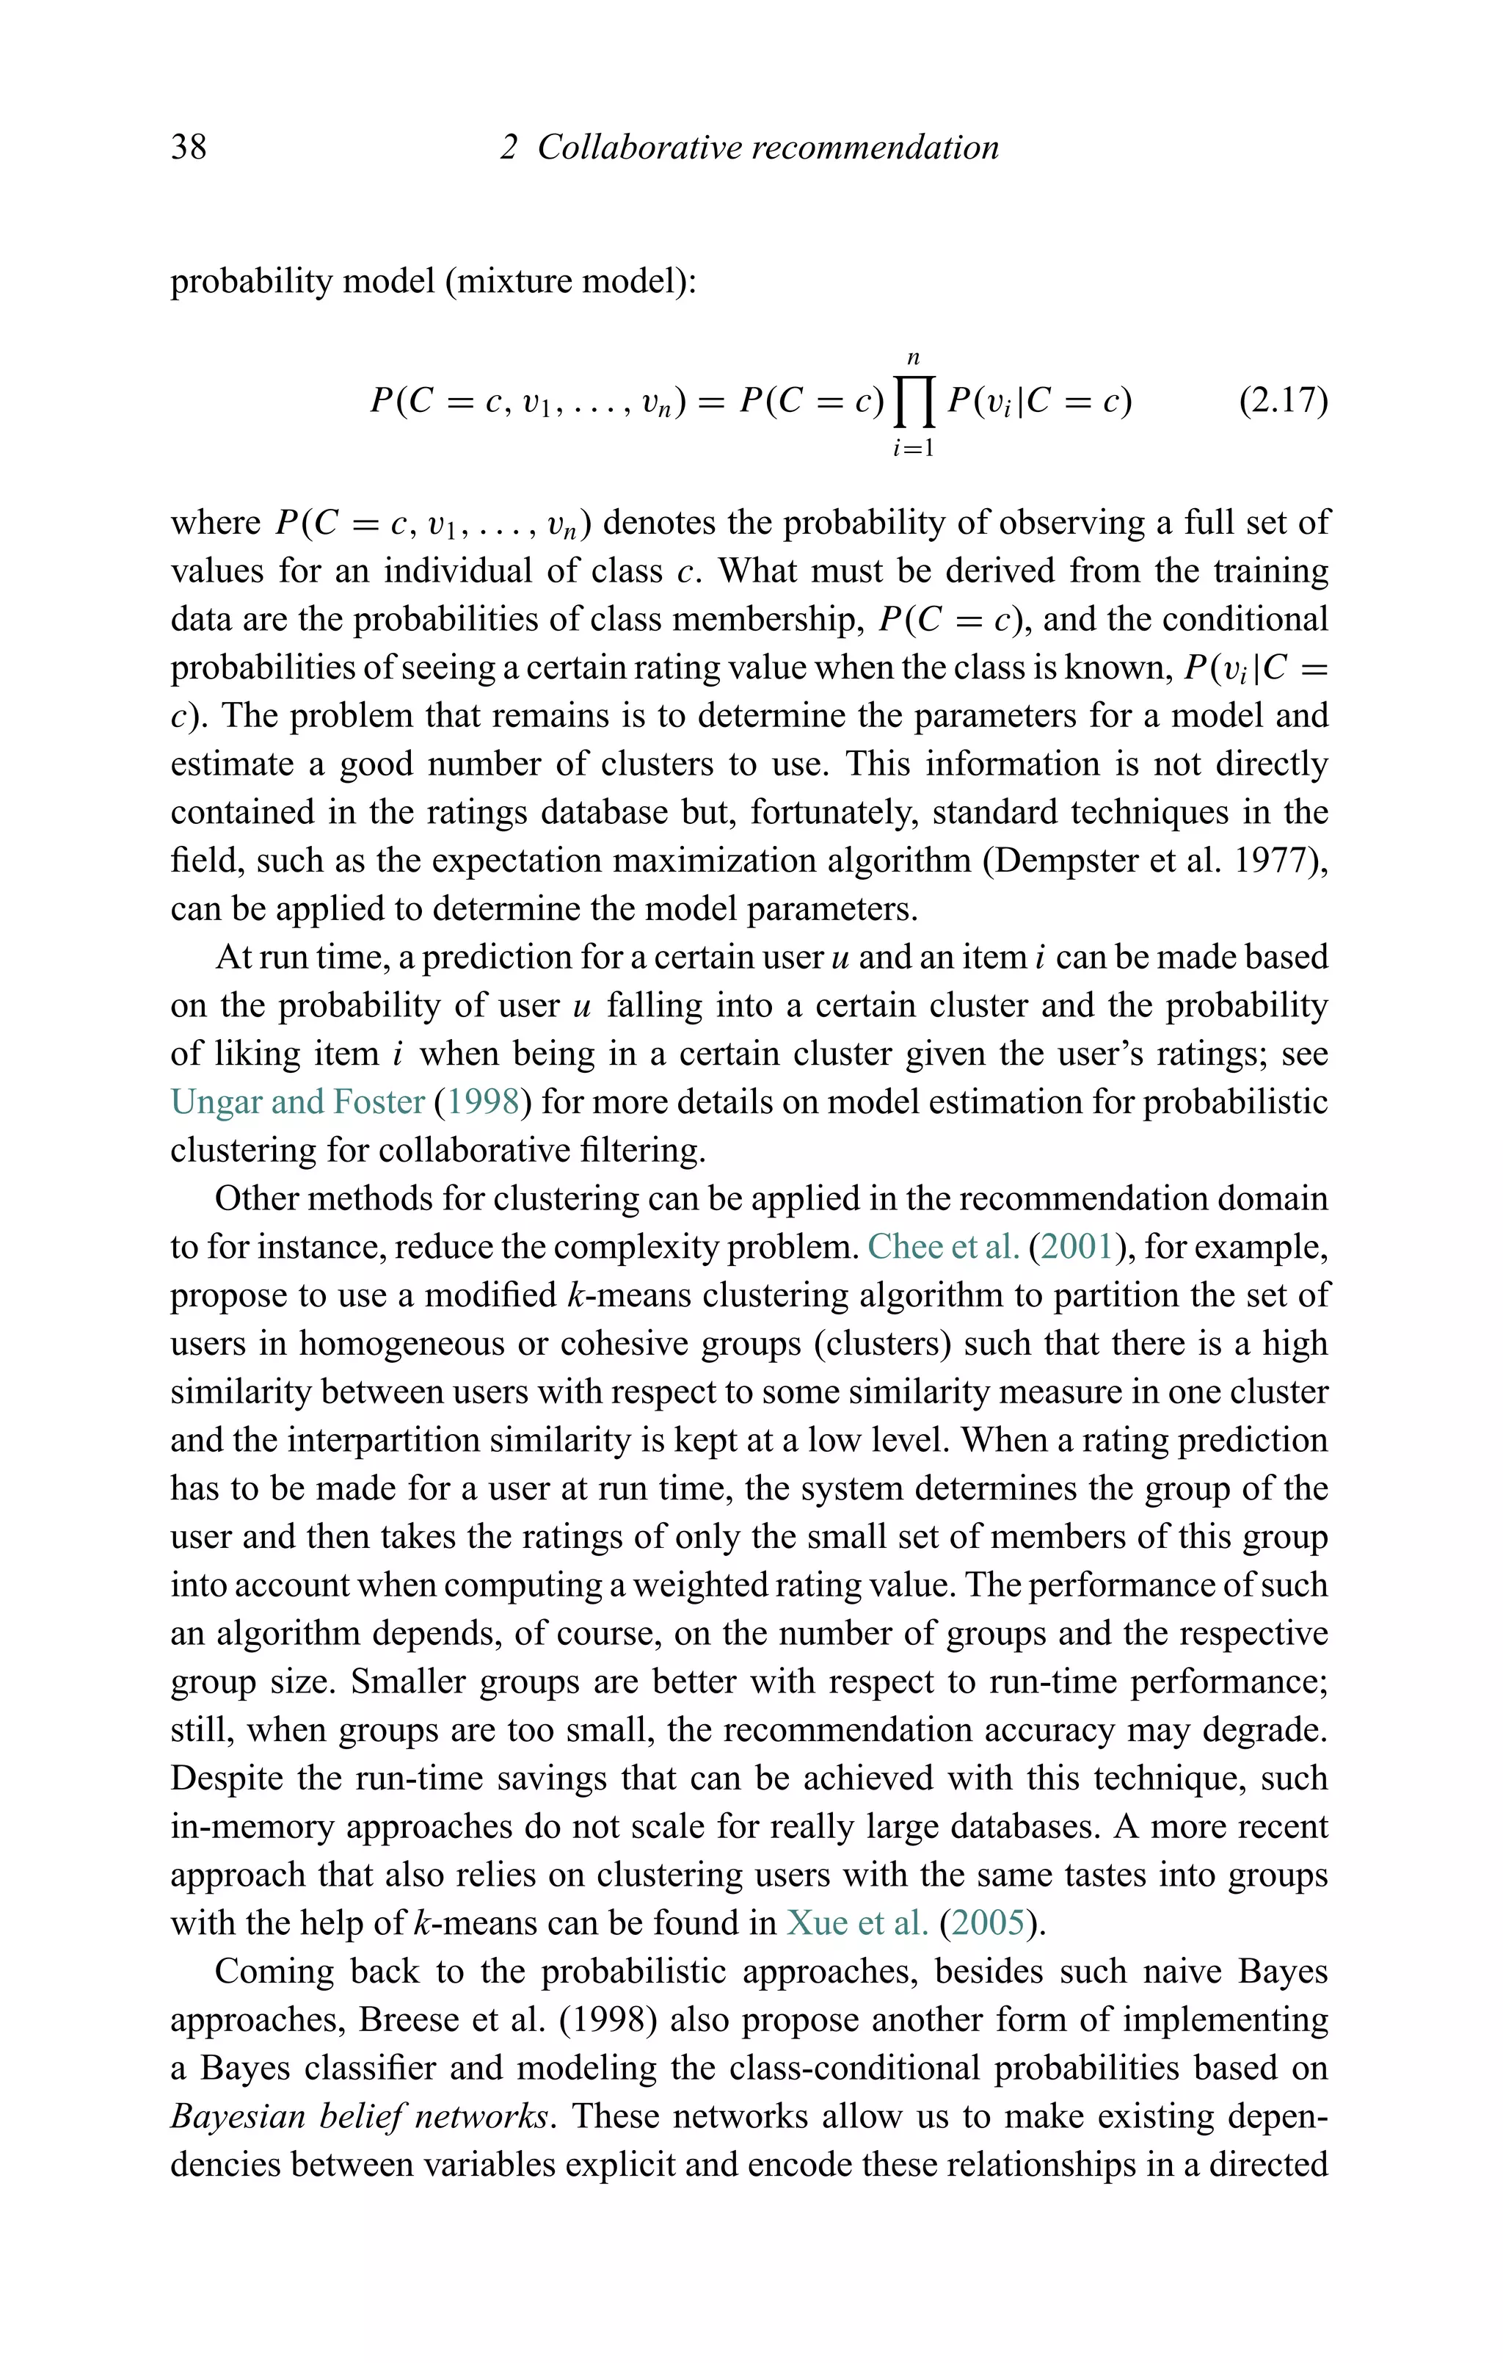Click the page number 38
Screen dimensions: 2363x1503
point(189,147)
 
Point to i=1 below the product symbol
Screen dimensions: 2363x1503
point(914,449)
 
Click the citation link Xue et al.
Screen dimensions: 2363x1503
point(856,1922)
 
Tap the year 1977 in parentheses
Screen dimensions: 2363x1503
point(1273,861)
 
